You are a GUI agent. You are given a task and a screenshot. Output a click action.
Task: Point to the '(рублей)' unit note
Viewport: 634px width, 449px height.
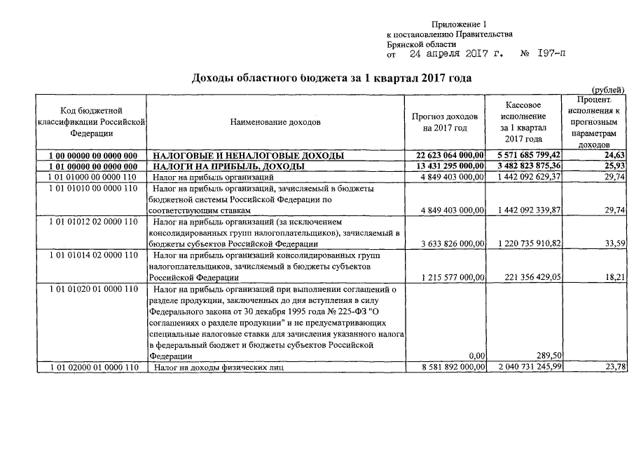point(609,90)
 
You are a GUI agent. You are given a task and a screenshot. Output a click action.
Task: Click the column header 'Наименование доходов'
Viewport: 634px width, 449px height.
point(275,122)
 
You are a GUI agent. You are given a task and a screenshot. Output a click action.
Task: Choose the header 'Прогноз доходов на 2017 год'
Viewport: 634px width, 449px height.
point(445,122)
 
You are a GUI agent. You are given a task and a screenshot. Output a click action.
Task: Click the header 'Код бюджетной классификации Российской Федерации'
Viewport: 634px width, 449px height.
point(92,121)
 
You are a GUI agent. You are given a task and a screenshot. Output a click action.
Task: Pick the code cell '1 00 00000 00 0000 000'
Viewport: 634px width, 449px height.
point(92,155)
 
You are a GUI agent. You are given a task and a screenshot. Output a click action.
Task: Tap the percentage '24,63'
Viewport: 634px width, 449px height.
point(614,155)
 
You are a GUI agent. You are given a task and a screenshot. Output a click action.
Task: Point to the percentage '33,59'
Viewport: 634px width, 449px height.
point(614,243)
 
